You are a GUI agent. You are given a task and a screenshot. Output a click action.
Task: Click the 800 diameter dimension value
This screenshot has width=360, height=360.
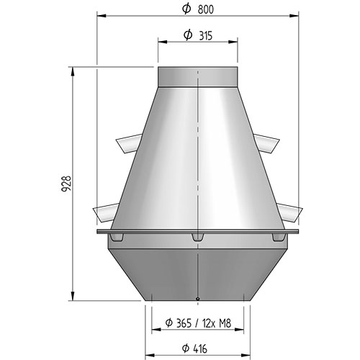click(x=205, y=9)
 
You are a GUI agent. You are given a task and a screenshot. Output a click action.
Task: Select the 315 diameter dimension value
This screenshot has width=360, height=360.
click(x=206, y=36)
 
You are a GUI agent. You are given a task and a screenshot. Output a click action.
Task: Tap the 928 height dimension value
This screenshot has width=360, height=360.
click(x=66, y=184)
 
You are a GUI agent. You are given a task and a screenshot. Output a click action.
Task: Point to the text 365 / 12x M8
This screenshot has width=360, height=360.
click(x=204, y=323)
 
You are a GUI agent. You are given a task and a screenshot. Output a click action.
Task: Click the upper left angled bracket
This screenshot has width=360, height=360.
click(x=129, y=143)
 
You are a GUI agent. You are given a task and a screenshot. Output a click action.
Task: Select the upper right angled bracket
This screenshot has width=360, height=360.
click(x=266, y=143)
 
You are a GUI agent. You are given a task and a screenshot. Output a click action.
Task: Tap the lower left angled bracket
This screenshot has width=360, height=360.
click(x=106, y=212)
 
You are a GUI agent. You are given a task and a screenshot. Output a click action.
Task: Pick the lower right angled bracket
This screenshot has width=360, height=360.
click(x=289, y=212)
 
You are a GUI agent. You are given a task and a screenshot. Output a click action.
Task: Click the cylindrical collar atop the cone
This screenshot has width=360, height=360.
click(x=198, y=77)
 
